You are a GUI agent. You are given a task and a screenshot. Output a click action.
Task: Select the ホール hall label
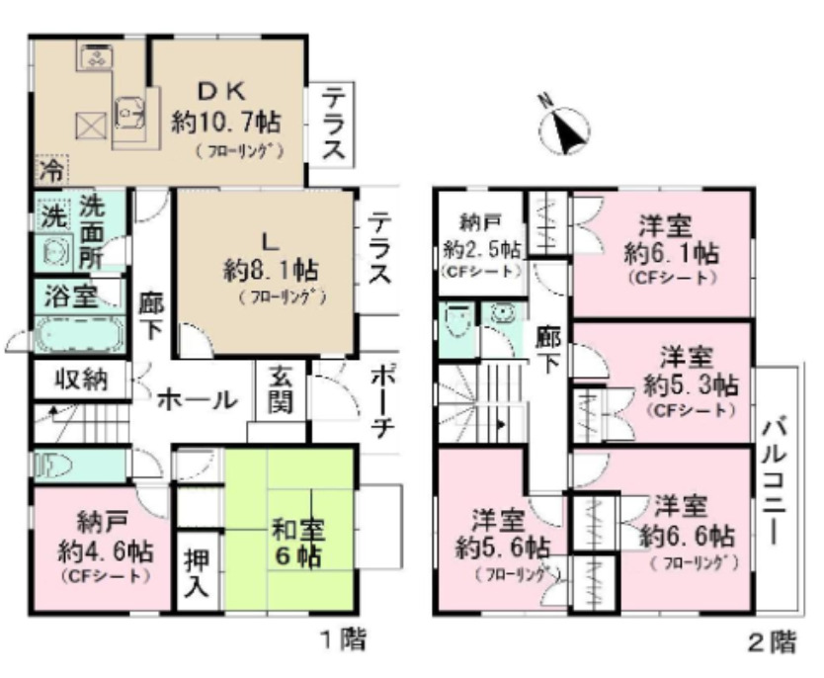pos(196,400)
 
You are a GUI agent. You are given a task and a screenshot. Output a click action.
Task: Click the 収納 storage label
pos(81,379)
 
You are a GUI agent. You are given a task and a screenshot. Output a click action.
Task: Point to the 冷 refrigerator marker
pos(48,170)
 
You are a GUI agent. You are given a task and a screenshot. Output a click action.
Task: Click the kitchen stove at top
pos(96,57)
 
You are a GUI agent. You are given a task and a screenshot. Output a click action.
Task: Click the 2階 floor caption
pos(771,643)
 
